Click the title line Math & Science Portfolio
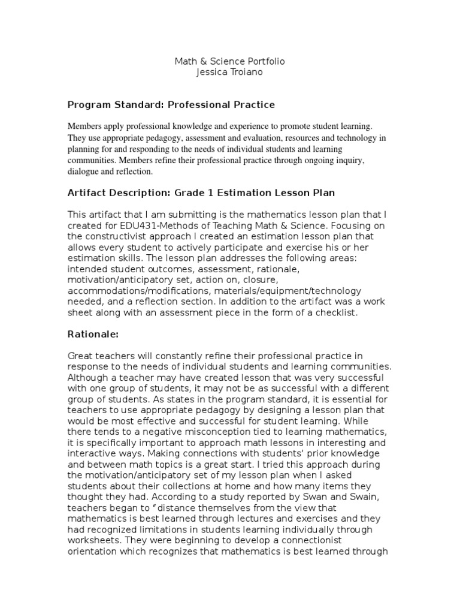coord(229,62)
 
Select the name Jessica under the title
coord(213,73)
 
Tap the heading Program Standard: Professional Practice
coord(171,105)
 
